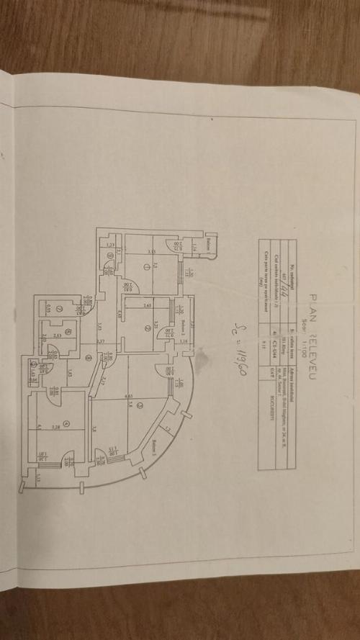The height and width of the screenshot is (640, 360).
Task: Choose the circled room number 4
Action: [66, 424]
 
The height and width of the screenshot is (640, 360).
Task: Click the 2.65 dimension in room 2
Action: [147, 305]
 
